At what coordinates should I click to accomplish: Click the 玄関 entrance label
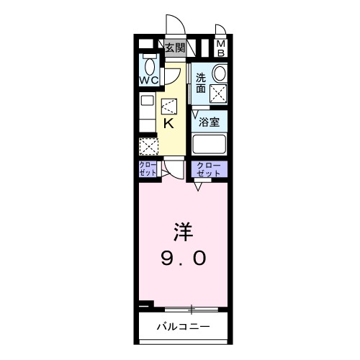(174, 48)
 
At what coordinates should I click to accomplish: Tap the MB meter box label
(221, 48)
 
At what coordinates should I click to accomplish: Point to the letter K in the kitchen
(168, 123)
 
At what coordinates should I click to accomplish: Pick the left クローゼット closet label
(147, 170)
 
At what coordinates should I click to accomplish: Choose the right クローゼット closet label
(208, 170)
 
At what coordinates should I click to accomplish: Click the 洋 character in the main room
(181, 232)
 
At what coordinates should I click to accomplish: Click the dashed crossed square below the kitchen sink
(147, 146)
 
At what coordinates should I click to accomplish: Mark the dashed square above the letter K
(169, 106)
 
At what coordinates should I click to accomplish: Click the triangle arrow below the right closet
(197, 186)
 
